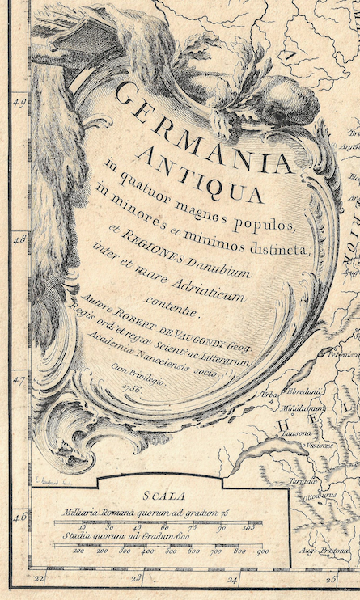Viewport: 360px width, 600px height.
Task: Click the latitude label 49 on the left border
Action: click(20, 101)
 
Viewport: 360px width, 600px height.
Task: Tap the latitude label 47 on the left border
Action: click(20, 378)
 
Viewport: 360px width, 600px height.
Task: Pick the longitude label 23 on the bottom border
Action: click(136, 578)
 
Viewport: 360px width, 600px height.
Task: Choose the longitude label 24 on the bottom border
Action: click(233, 579)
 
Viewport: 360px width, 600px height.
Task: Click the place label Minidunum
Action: click(303, 409)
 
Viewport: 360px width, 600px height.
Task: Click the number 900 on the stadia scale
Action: click(262, 552)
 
